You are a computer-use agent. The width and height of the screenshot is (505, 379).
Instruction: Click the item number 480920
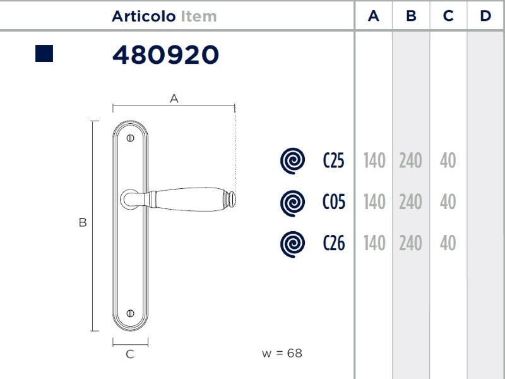pos(165,54)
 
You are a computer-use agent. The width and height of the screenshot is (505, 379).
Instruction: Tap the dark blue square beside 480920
pos(44,54)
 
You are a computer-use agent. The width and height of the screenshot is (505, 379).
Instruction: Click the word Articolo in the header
pos(144,16)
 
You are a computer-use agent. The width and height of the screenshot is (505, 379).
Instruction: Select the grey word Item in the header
pos(199,16)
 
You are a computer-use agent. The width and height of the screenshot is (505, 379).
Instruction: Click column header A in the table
pos(374,16)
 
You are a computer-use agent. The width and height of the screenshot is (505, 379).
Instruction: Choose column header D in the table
pos(485,16)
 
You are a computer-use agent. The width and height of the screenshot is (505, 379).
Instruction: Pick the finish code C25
pos(334,160)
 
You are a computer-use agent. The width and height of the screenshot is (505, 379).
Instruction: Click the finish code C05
pos(334,202)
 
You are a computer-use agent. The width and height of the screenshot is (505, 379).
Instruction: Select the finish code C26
pos(334,243)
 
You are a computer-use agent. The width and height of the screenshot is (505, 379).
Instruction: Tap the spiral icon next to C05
pos(292,203)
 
